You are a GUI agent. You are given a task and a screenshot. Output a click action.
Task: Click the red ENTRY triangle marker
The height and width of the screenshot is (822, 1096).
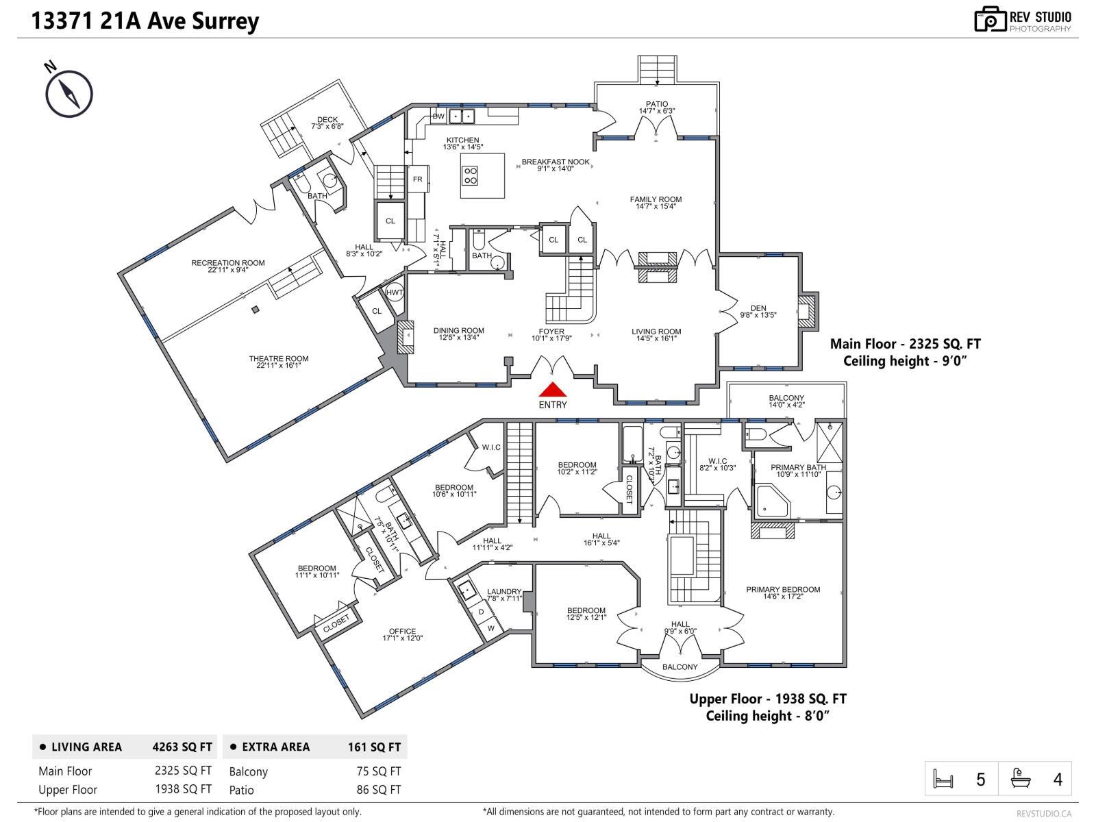(552, 390)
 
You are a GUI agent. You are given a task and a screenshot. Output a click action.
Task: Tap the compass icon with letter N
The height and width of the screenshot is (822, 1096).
(68, 92)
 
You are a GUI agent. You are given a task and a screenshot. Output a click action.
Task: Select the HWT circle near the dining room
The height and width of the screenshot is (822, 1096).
(395, 292)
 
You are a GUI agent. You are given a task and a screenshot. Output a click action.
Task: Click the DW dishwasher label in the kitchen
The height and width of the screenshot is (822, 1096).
(438, 116)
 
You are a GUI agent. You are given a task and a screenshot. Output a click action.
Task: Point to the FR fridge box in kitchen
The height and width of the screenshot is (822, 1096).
(417, 179)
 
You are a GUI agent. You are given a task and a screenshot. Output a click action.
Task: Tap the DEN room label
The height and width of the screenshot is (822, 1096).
(758, 308)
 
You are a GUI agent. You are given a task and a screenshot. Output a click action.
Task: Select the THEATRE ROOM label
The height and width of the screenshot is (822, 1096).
(278, 358)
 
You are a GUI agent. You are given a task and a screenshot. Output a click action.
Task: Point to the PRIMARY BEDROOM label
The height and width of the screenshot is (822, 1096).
(782, 589)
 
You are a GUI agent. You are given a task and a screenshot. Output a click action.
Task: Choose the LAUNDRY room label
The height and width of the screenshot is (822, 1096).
(504, 592)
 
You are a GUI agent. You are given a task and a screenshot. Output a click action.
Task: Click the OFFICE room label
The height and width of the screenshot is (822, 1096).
(402, 631)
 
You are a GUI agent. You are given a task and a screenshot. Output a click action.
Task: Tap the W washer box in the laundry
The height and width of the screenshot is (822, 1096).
(490, 628)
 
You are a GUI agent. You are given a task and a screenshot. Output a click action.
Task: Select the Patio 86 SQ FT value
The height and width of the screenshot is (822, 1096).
(379, 790)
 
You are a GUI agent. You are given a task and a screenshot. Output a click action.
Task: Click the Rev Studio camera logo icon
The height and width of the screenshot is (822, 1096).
(990, 19)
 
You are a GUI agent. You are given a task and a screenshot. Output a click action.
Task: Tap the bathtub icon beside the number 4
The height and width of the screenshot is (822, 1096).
(1021, 779)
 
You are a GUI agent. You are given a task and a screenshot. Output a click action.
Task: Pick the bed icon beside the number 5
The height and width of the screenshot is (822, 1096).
(943, 779)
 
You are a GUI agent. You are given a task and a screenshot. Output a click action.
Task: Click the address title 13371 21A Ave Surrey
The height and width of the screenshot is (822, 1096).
(145, 21)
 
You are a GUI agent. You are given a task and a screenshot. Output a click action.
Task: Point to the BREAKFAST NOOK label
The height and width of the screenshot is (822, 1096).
(555, 162)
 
